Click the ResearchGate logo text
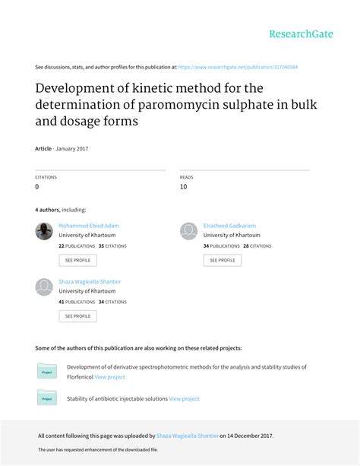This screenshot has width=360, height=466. (x=302, y=33)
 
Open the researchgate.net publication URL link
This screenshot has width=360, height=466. (x=238, y=67)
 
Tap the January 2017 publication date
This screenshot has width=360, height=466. (x=72, y=148)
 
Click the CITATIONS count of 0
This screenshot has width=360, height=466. (x=37, y=186)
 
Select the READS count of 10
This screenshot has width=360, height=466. (x=183, y=186)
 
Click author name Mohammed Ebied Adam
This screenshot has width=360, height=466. (x=89, y=226)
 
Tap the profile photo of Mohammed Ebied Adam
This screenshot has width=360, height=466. (x=44, y=231)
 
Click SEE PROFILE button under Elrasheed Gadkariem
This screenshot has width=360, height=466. (x=223, y=260)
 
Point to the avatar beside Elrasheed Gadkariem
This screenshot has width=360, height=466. (x=188, y=231)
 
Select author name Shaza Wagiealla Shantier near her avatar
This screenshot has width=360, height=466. (x=90, y=281)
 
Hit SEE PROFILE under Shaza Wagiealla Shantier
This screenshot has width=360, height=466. (x=77, y=315)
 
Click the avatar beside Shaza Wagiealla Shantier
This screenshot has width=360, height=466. (x=44, y=287)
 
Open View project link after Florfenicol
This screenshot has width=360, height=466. (x=110, y=376)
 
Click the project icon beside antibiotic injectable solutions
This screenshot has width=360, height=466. (x=46, y=397)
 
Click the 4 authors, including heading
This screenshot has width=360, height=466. (x=61, y=210)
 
